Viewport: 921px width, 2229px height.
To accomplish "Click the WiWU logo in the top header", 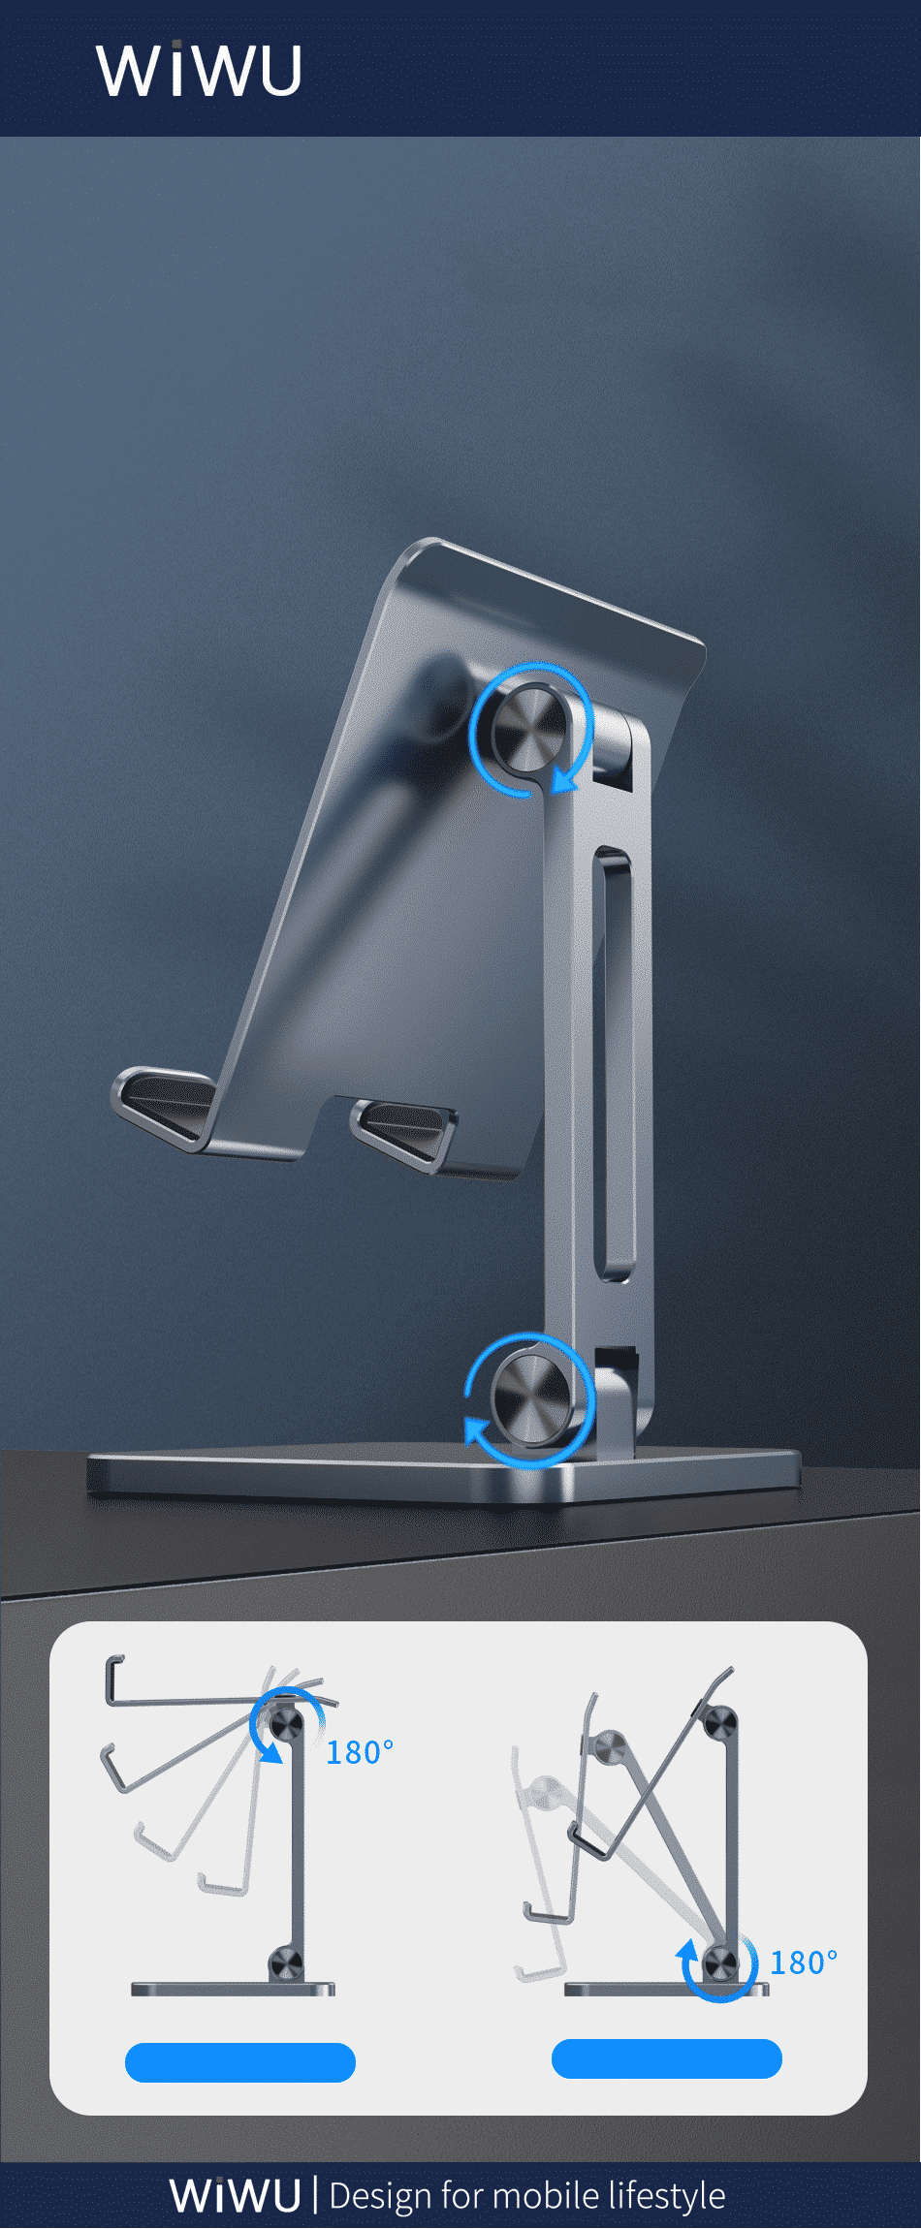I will [x=199, y=70].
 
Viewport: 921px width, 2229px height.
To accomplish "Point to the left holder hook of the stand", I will [x=165, y=1105].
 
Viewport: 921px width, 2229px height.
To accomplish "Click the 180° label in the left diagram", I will [x=360, y=1752].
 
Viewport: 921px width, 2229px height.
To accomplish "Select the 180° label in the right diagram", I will [x=803, y=1962].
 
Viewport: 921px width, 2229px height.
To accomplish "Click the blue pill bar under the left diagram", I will [x=240, y=2062].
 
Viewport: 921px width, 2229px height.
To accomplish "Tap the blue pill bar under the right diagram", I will [x=667, y=2059].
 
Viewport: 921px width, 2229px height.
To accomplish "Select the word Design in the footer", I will [x=380, y=2195].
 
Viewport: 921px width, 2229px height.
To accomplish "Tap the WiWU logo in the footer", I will [x=235, y=2195].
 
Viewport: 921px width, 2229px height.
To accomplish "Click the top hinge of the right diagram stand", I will [x=719, y=1724].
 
